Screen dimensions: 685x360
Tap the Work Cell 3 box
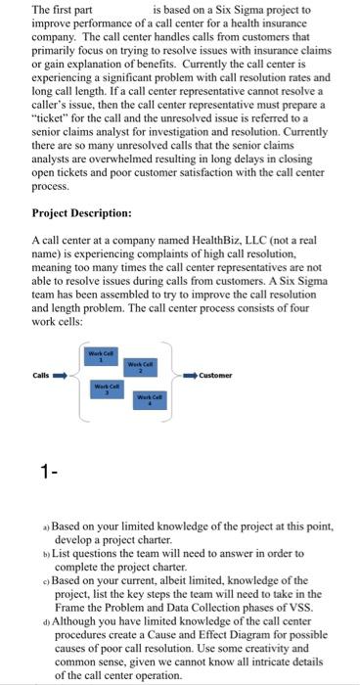tap(101, 388)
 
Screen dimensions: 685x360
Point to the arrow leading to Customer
tap(187, 373)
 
